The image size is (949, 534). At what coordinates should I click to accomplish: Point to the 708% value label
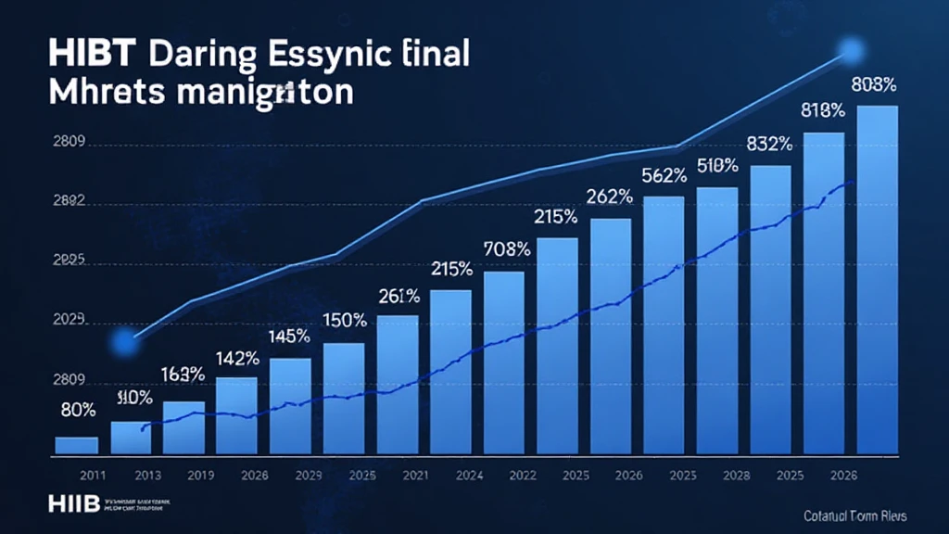coord(506,248)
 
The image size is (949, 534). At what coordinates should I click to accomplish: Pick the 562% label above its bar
coord(663,174)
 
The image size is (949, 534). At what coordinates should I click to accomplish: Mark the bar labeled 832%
coord(770,310)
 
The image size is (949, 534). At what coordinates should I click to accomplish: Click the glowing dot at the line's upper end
coord(848,51)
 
